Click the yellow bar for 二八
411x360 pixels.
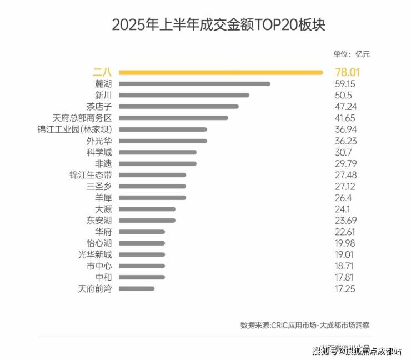[x=221, y=72]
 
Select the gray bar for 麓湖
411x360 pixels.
[x=194, y=84]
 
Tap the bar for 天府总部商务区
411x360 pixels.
[x=173, y=118]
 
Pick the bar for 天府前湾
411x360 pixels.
[x=137, y=288]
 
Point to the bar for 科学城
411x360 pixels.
[x=158, y=152]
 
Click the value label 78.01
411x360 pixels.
[x=347, y=72]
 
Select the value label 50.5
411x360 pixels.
[x=344, y=95]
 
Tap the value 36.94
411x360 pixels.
[x=345, y=129]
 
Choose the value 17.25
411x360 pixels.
[x=345, y=288]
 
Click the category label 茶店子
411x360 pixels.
[x=99, y=107]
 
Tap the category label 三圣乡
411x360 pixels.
[x=99, y=186]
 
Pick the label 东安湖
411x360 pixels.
[x=99, y=220]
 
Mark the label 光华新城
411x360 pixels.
[x=95, y=254]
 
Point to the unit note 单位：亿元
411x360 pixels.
[x=351, y=54]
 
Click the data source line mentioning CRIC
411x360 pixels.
[x=305, y=325]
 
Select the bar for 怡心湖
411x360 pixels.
[x=142, y=243]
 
